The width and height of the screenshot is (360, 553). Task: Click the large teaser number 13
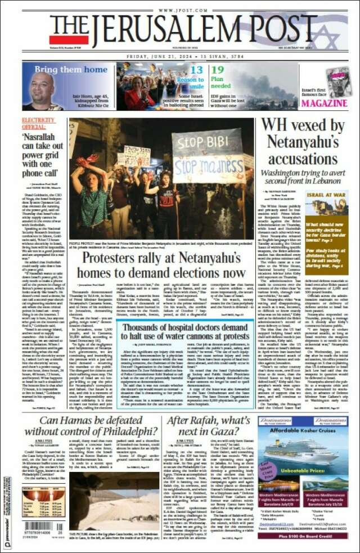pyautogui.click(x=196, y=70)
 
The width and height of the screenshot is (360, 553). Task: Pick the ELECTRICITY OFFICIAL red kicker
pyautogui.click(x=38, y=123)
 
